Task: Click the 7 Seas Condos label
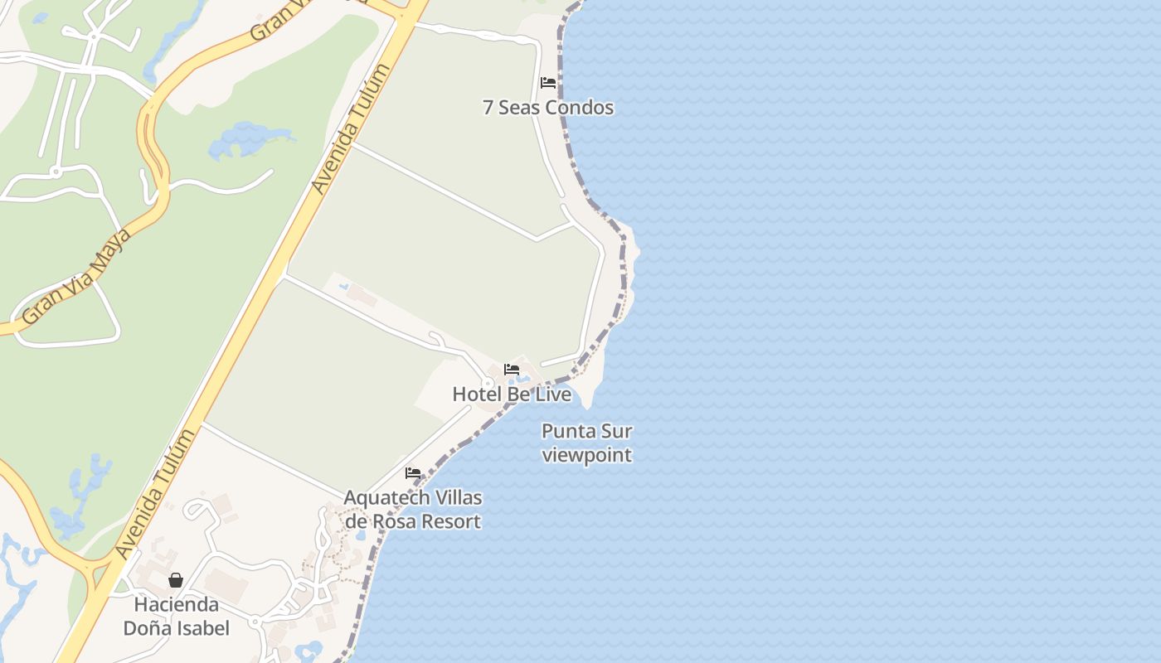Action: click(x=548, y=108)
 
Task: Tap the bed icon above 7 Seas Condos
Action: click(x=548, y=83)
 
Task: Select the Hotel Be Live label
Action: click(x=512, y=394)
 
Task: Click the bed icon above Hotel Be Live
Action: click(x=512, y=370)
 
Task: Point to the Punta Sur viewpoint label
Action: click(x=587, y=443)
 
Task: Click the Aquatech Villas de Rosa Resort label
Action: click(x=413, y=509)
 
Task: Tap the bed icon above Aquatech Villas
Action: click(x=413, y=474)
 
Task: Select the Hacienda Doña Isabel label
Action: click(x=176, y=616)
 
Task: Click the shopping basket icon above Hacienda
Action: click(x=176, y=580)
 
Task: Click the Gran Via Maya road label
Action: click(x=76, y=276)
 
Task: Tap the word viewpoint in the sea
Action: click(x=587, y=455)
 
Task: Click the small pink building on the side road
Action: click(x=362, y=293)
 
